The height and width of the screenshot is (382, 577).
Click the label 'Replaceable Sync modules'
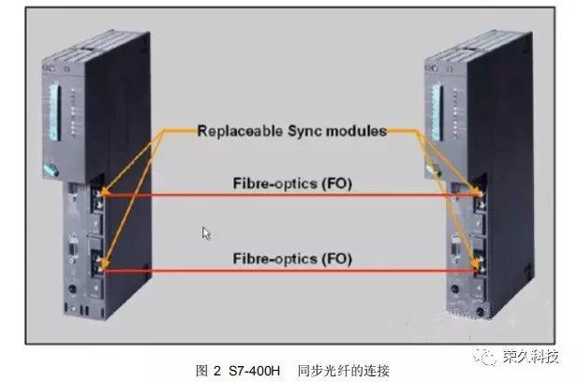tap(291, 132)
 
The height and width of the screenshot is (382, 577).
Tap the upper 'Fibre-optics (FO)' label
tap(291, 184)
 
